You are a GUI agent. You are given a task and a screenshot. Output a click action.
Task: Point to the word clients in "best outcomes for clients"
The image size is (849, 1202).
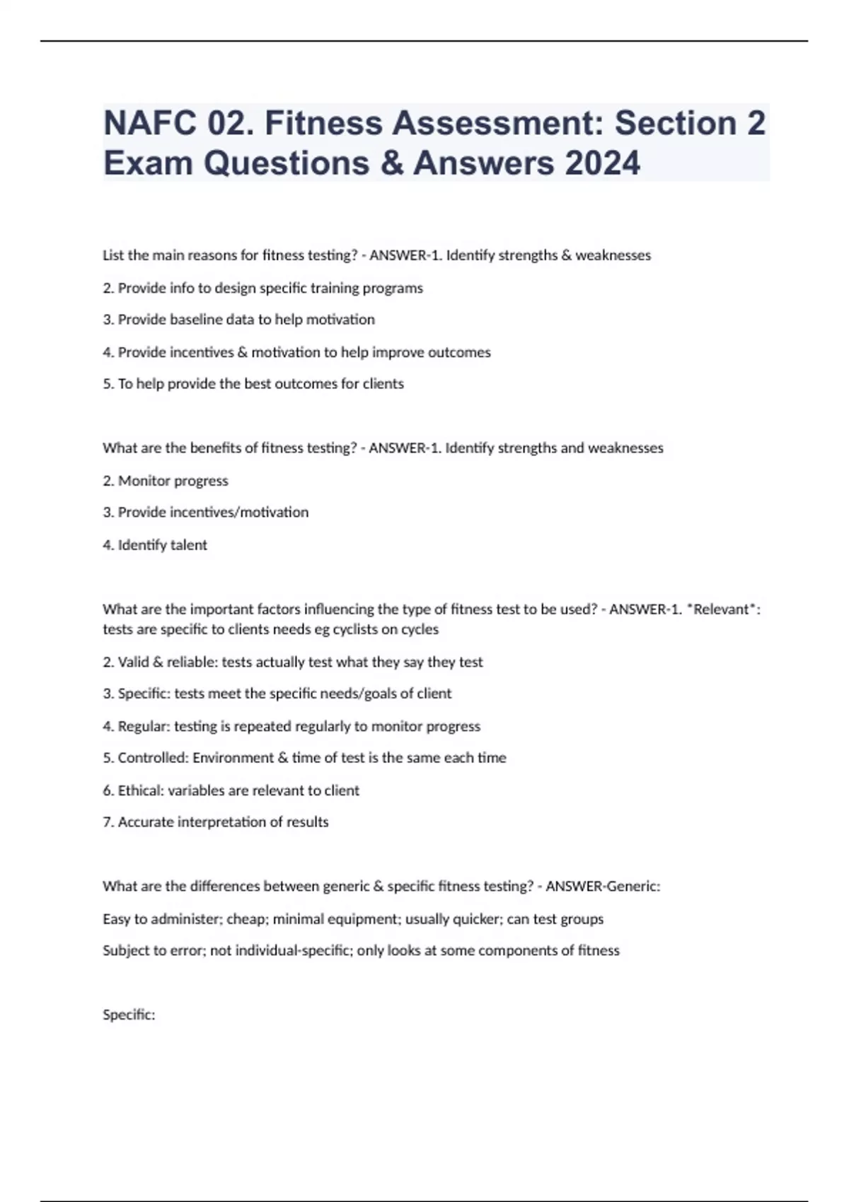(383, 384)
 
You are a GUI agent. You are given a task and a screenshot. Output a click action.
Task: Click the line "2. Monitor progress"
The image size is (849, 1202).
(166, 481)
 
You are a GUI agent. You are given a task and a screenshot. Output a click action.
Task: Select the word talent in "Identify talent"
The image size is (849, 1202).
(188, 545)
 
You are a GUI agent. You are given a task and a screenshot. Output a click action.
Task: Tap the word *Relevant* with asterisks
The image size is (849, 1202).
(724, 609)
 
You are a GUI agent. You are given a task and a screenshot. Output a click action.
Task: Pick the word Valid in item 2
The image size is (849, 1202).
(134, 663)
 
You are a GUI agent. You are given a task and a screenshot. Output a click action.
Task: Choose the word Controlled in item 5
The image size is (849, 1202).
(154, 758)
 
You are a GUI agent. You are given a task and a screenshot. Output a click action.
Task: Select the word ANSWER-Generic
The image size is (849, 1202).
(603, 887)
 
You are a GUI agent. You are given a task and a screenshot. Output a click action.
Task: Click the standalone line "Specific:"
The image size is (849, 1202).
(129, 1015)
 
